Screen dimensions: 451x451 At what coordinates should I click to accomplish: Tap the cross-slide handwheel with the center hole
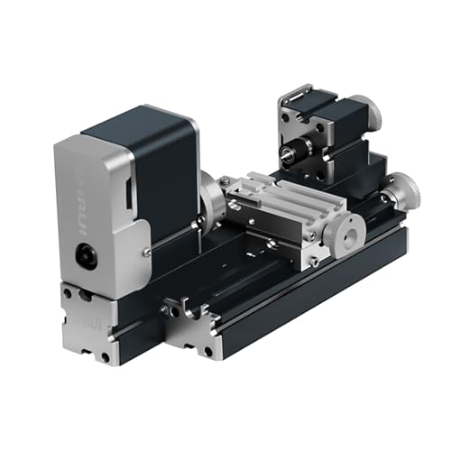pyautogui.click(x=344, y=236)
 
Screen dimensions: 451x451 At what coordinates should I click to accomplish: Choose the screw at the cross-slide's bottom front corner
pyautogui.click(x=313, y=262)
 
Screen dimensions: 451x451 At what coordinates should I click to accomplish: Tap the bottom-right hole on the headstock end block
pyautogui.click(x=106, y=357)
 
